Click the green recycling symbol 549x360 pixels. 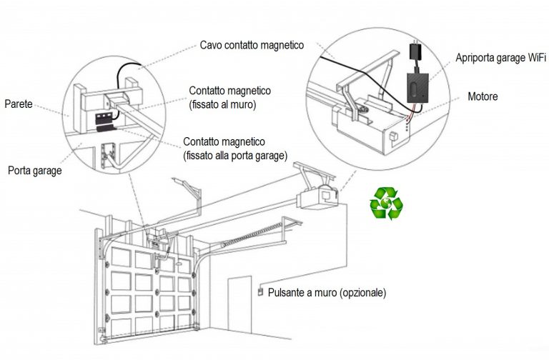point(386,201)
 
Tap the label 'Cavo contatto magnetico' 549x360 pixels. point(252,45)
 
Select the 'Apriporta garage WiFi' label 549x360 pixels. point(501,58)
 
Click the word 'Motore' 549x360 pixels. point(483,96)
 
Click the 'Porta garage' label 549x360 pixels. point(34,171)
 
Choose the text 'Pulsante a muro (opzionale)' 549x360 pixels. point(327,292)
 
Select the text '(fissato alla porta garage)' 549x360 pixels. point(234,154)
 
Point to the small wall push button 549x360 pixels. point(260,291)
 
